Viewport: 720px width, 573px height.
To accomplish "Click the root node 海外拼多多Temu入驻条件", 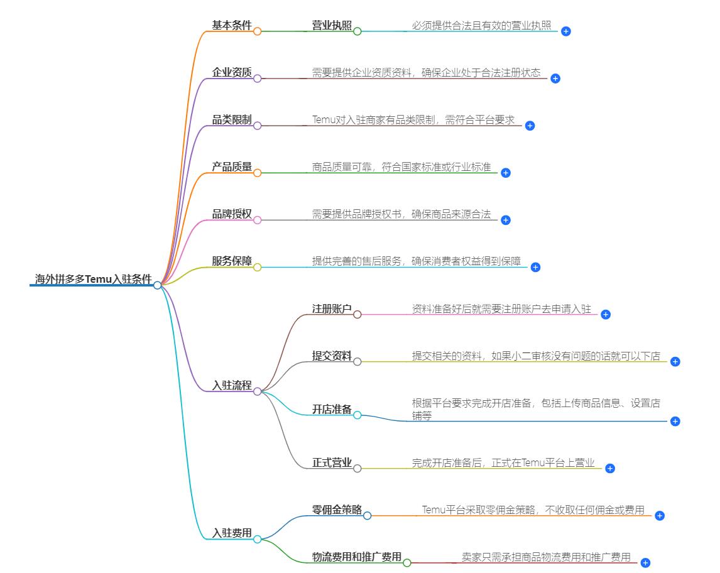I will coord(93,280).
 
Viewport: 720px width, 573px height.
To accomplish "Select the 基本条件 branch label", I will coord(232,26).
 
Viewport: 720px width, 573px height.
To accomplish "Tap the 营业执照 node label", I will coord(332,26).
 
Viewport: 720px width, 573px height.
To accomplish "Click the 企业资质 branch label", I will coord(232,73).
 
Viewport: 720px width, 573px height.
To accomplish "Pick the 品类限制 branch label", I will coord(232,120).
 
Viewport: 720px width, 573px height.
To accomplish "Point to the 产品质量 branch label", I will coord(232,167).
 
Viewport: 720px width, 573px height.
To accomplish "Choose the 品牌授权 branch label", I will coord(232,214).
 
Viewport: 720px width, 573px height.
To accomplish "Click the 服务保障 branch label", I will coord(232,261).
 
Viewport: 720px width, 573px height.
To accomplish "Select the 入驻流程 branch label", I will coord(232,386).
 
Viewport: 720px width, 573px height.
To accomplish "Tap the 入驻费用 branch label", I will coord(232,533).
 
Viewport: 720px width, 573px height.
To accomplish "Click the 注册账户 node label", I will coord(332,309).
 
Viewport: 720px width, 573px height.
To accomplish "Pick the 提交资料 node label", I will coord(332,356).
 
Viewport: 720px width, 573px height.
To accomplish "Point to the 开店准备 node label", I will coord(332,410).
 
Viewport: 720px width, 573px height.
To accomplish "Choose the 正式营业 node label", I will coord(332,463).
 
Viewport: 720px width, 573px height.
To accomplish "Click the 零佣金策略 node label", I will coord(337,510).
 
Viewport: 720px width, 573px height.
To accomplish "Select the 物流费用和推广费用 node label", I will coord(356,557).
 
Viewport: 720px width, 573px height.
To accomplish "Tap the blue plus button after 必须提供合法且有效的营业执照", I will coord(565,31).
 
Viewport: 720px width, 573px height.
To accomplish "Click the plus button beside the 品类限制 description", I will coord(530,126).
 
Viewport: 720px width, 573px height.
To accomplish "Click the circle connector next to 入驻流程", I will coord(257,391).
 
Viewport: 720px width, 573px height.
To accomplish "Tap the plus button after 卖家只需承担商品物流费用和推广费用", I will coord(645,563).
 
